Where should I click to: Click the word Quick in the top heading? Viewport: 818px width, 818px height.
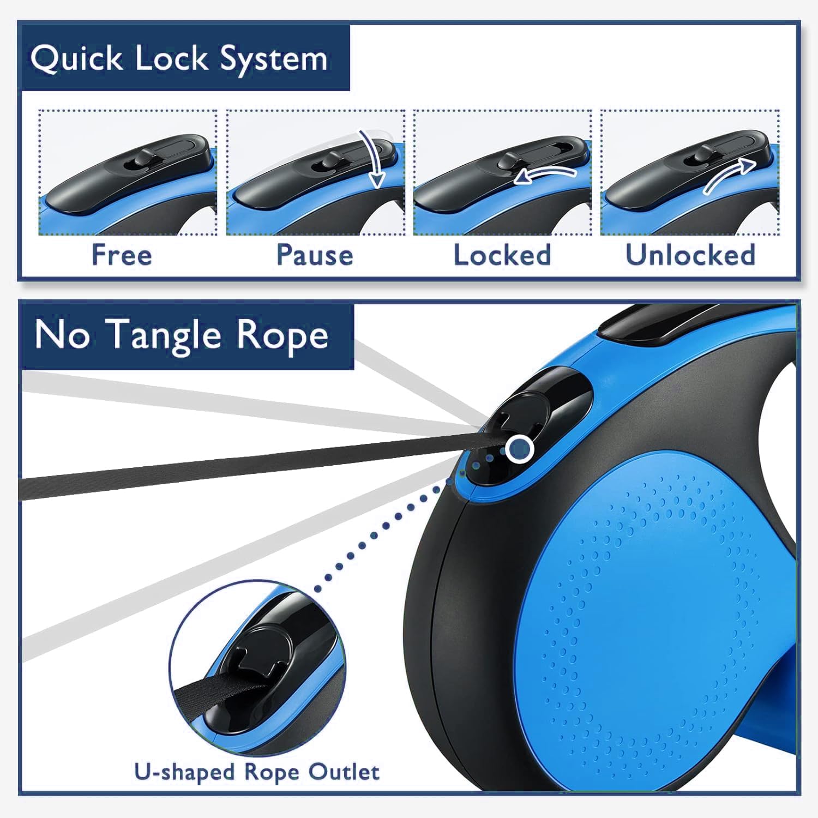pos(76,58)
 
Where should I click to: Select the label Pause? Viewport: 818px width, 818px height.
pos(315,255)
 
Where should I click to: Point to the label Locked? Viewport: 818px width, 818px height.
pos(502,255)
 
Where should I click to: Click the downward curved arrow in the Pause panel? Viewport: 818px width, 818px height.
pos(371,158)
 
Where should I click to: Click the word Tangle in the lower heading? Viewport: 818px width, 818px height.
pos(163,335)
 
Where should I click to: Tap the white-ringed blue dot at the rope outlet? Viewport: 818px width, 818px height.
pos(519,449)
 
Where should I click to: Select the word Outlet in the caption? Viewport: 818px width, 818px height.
pos(344,772)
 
